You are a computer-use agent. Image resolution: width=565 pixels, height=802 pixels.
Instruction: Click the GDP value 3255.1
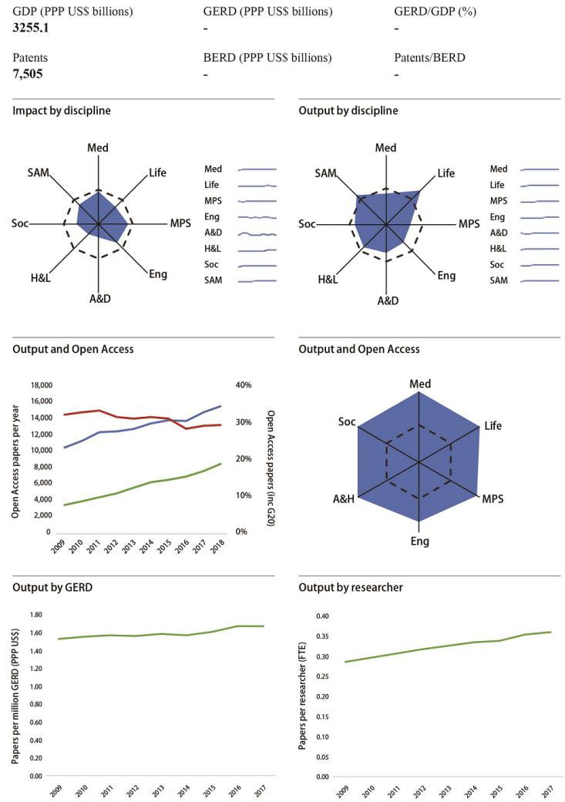(x=33, y=27)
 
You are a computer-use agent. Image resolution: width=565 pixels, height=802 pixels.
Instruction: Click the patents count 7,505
(x=28, y=74)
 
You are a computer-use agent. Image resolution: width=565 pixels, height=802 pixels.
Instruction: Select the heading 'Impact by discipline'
(x=62, y=110)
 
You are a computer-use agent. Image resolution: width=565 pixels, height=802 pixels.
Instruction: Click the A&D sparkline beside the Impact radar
(x=257, y=233)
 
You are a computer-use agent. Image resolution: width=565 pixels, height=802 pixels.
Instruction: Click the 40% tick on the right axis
(x=244, y=385)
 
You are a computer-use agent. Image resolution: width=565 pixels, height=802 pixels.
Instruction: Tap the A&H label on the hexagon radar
(x=343, y=499)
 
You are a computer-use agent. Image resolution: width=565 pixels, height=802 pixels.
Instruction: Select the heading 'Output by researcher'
(x=350, y=588)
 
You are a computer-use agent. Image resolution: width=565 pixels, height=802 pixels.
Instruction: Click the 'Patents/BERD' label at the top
(x=430, y=58)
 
